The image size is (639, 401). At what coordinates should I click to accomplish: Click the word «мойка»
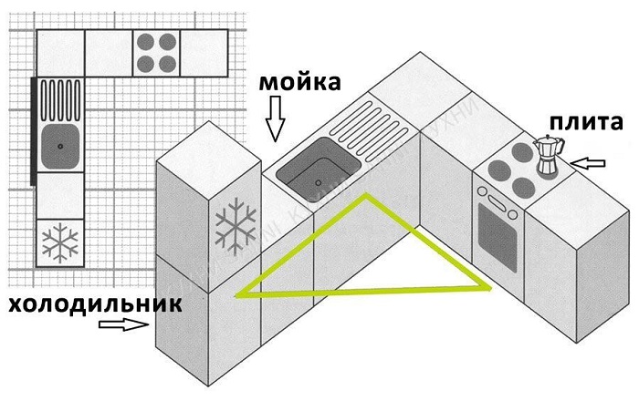[x=300, y=83]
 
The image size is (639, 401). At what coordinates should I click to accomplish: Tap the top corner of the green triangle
[x=366, y=195]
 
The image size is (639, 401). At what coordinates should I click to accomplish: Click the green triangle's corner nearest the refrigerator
[x=239, y=294]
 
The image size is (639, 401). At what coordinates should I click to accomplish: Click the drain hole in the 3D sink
[x=316, y=181]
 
